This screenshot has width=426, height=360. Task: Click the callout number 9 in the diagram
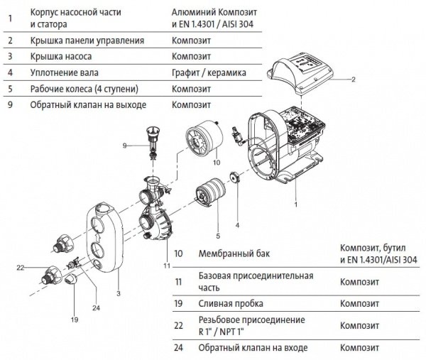[x=123, y=145]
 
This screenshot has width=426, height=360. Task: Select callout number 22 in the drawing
[x=21, y=267]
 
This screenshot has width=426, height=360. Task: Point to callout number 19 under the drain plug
[x=74, y=320]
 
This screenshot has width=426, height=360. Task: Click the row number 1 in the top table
[x=9, y=18]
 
